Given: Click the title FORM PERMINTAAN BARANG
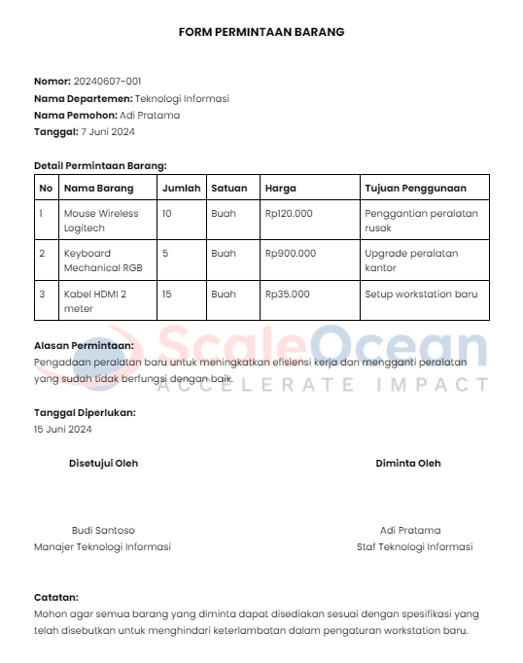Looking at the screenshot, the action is pyautogui.click(x=261, y=32).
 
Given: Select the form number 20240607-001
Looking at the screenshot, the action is pyautogui.click(x=107, y=81).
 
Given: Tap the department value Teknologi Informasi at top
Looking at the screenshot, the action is pyautogui.click(x=182, y=98).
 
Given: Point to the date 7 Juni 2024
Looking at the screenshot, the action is pyautogui.click(x=107, y=131).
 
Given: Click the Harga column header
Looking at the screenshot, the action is pyautogui.click(x=280, y=188).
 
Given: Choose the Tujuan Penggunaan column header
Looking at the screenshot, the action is pyautogui.click(x=415, y=188).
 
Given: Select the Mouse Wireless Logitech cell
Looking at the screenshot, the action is pyautogui.click(x=101, y=221).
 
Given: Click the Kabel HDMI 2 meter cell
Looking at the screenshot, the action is pyautogui.click(x=94, y=300).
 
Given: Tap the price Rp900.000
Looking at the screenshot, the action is pyautogui.click(x=291, y=253).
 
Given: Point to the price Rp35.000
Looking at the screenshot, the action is pyautogui.click(x=288, y=294).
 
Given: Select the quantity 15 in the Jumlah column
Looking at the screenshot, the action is pyautogui.click(x=167, y=294).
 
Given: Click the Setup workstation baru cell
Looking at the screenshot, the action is pyautogui.click(x=421, y=294).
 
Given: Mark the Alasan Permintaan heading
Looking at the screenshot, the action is pyautogui.click(x=84, y=345).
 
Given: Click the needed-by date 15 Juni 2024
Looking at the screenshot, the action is pyautogui.click(x=62, y=429).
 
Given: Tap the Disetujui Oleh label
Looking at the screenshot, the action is pyautogui.click(x=103, y=463).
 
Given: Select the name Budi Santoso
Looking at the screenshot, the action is pyautogui.click(x=103, y=530).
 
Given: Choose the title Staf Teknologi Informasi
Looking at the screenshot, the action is pyautogui.click(x=414, y=546).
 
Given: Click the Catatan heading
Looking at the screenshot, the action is pyautogui.click(x=56, y=597).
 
